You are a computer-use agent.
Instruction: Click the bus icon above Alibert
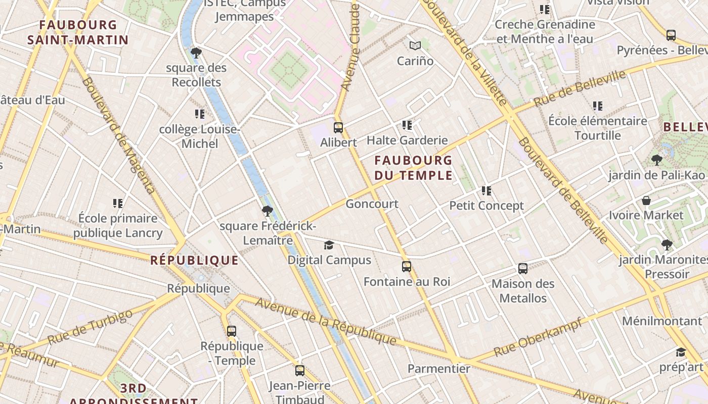[x=338, y=128]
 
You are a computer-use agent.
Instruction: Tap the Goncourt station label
[x=372, y=204]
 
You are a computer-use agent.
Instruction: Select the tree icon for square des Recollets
[x=196, y=53]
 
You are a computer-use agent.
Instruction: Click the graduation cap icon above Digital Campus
[x=329, y=245]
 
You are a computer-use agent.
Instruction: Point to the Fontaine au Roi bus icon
[x=407, y=267]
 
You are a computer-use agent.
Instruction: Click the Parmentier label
[x=439, y=369]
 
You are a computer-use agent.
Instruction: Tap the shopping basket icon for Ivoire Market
[x=646, y=200]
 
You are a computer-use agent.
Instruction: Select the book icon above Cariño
[x=415, y=46]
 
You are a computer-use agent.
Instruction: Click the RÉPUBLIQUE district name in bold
[x=194, y=261]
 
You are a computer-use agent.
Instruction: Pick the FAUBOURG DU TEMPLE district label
[x=413, y=168]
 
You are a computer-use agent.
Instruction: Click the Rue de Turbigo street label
[x=90, y=327]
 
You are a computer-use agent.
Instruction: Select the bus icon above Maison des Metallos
[x=523, y=269]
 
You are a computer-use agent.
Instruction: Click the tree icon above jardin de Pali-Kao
[x=657, y=161]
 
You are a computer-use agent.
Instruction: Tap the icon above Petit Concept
[x=486, y=191]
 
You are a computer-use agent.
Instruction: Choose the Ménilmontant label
[x=662, y=321]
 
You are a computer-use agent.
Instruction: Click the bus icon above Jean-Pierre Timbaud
[x=300, y=371]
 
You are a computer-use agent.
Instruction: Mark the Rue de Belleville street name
[x=580, y=88]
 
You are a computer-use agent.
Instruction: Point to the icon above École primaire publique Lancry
[x=118, y=204]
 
